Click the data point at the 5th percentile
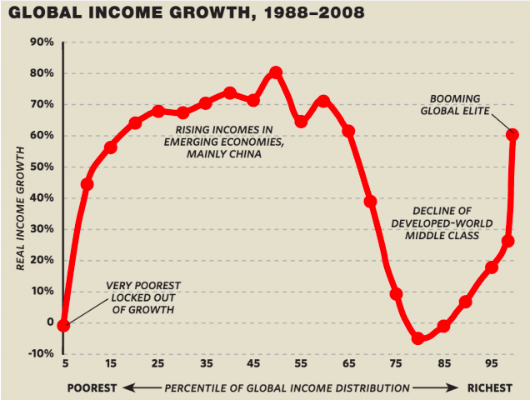click(63, 325)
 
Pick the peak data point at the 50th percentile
click(276, 72)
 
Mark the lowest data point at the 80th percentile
click(418, 338)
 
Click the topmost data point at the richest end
click(513, 134)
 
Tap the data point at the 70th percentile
click(371, 201)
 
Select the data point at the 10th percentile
click(87, 183)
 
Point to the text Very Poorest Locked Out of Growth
click(143, 297)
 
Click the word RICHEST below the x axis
click(491, 387)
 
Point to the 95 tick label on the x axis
click(491, 364)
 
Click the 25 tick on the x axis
click(157, 364)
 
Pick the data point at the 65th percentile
click(348, 131)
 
